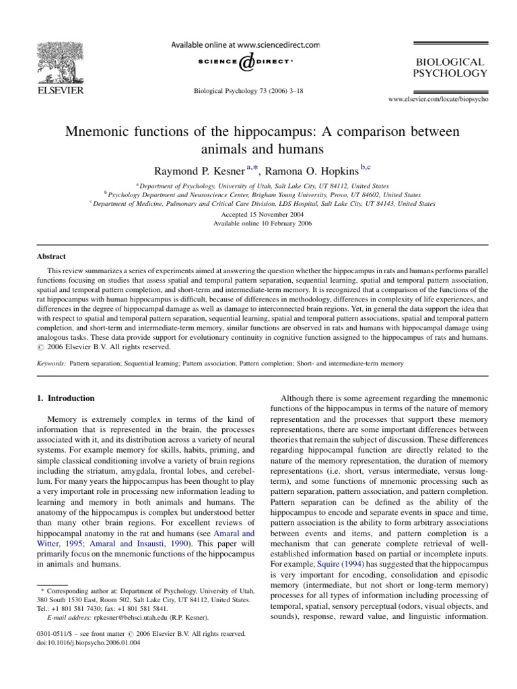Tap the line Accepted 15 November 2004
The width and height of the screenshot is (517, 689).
[x=258, y=213]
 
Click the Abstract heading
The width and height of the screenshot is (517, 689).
[x=46, y=256]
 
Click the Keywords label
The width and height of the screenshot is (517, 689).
[x=46, y=363]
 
